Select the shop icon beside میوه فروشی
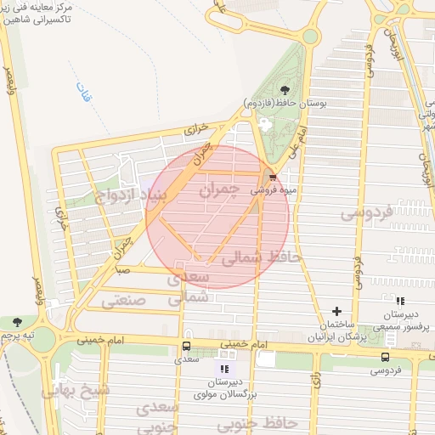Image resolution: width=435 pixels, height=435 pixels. pos(272,178)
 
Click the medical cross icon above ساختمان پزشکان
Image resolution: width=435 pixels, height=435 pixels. pos(336,312)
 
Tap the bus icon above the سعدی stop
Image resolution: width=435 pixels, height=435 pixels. pos(186,347)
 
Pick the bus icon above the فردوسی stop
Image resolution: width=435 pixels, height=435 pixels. pos(385,358)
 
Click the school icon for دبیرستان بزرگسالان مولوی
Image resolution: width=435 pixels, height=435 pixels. pos(223,370)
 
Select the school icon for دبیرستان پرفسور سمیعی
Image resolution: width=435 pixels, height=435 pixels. pos(400,301)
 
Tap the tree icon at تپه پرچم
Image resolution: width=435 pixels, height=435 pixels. pos(19,322)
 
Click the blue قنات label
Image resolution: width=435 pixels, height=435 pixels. pos(84,88)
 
